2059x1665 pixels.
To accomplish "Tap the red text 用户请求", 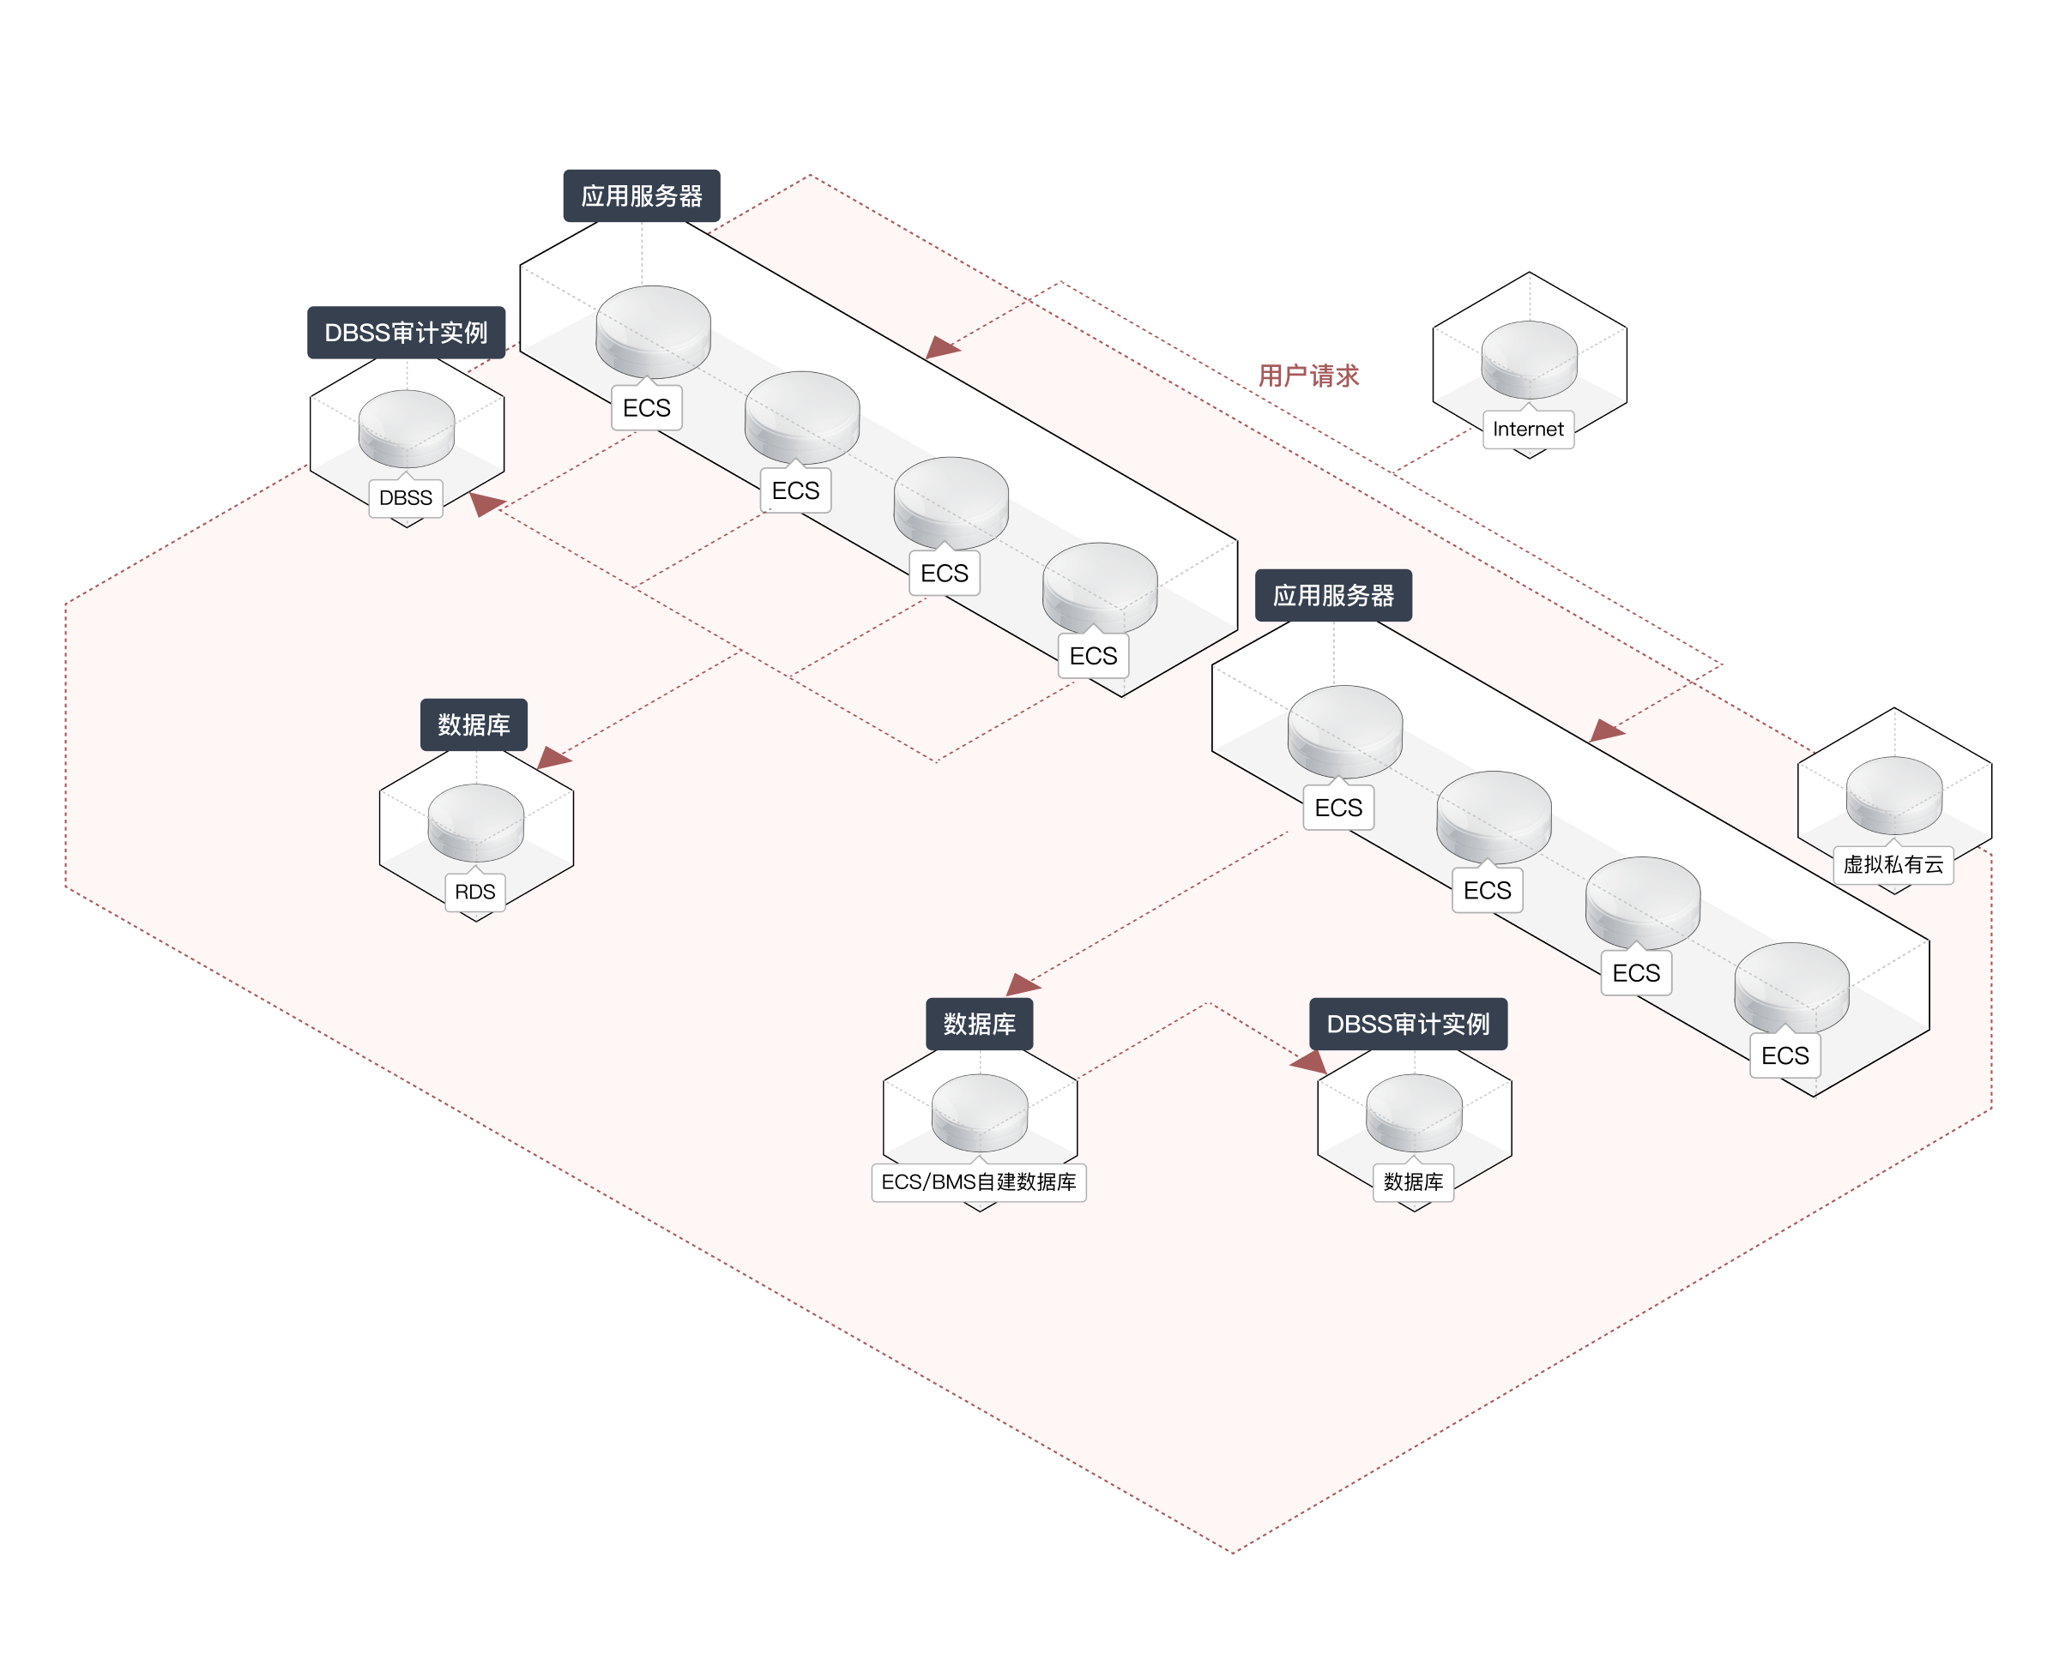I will (x=1307, y=376).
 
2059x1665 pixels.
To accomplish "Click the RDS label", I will (x=475, y=892).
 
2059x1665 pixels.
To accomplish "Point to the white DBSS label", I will (x=406, y=498).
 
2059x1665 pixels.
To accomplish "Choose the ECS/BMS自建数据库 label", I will (x=978, y=1182).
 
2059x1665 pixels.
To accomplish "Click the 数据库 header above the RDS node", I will (x=474, y=725).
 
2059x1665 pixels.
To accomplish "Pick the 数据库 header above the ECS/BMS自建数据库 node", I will (x=979, y=1025).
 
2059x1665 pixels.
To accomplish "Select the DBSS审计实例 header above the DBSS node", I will (x=406, y=333).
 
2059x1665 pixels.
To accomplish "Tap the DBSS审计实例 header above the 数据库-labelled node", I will (x=1408, y=1025).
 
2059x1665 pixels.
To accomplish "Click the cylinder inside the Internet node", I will (x=1529, y=358).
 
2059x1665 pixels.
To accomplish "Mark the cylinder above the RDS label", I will (x=476, y=821).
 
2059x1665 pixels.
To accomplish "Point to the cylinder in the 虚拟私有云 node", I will (x=1893, y=793).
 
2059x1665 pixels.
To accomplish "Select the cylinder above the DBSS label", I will (x=407, y=427).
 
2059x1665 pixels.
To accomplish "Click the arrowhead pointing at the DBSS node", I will (x=486, y=503).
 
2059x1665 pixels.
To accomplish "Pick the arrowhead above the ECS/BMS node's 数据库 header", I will (x=1022, y=985).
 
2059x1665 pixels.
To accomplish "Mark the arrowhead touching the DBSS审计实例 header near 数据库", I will (x=1310, y=1061).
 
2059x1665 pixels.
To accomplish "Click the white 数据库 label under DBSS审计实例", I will (x=1413, y=1182).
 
